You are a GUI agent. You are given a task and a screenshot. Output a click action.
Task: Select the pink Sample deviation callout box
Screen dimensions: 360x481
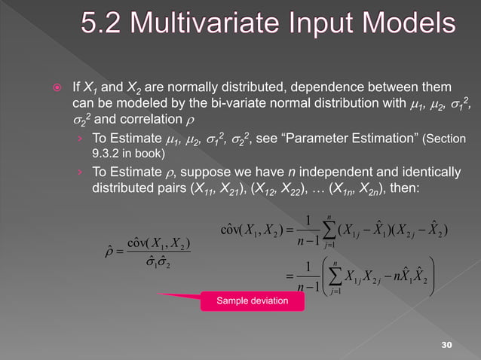click(253, 302)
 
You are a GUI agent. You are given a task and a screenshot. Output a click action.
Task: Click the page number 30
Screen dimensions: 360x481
click(449, 344)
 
